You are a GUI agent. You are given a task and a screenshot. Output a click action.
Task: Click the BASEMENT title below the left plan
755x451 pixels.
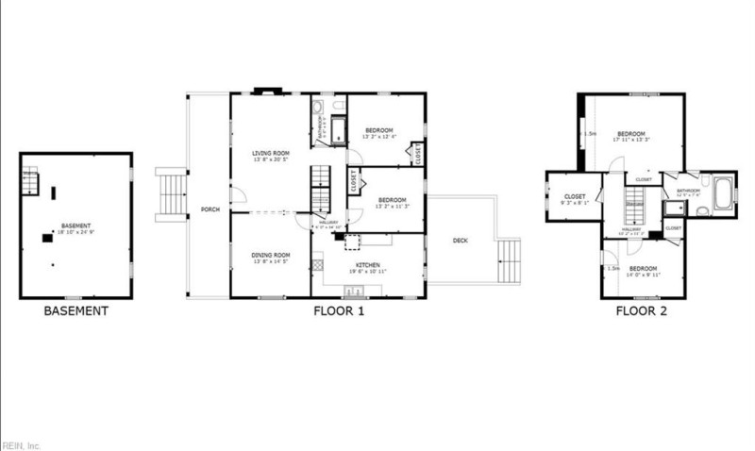[x=76, y=310]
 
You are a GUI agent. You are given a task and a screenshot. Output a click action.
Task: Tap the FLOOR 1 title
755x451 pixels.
[x=339, y=310]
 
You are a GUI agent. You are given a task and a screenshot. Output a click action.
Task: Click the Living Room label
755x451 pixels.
[x=270, y=155]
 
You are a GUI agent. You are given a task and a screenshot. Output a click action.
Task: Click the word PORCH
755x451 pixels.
[x=210, y=209]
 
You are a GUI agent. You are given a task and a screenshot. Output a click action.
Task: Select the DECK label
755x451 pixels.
[x=461, y=241]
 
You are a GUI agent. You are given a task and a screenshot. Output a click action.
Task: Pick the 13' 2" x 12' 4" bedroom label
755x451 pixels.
[x=379, y=132]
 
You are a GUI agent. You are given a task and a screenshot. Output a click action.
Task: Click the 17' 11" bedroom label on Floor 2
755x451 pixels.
[x=631, y=137]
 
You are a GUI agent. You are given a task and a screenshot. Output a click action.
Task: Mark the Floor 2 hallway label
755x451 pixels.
[x=631, y=230]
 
